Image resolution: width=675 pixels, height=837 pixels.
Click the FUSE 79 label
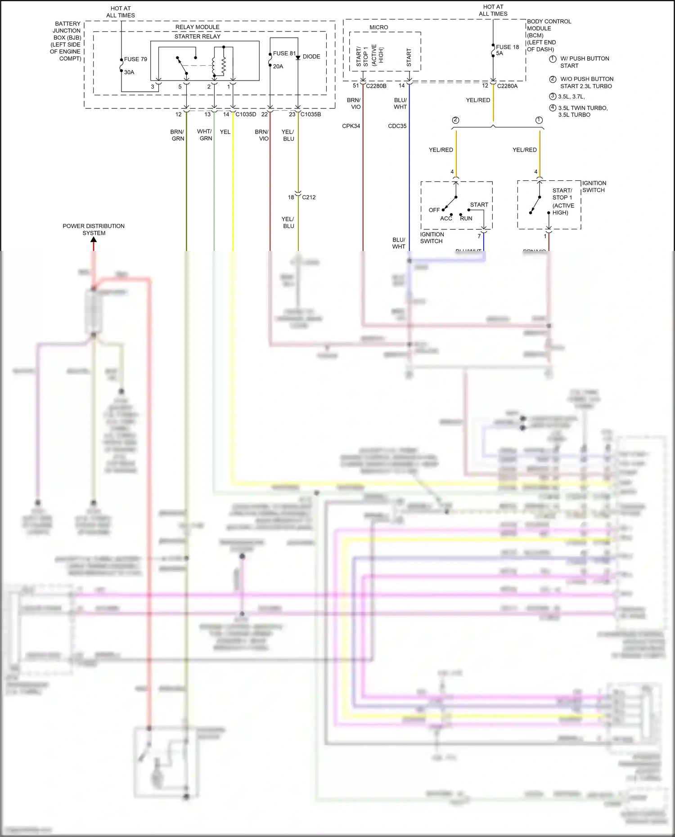pos(135,59)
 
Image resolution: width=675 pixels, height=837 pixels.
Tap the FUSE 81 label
pos(284,54)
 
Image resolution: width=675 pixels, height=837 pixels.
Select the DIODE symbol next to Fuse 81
pos(298,58)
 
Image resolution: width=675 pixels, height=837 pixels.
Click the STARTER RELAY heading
pos(198,36)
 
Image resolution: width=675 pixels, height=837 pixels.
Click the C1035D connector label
pos(246,115)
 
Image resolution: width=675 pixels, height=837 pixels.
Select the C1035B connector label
pos(310,115)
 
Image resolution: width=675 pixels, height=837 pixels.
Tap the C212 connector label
pos(309,197)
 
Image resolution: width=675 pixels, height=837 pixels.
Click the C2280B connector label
pos(376,86)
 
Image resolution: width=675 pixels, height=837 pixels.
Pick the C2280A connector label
pos(507,86)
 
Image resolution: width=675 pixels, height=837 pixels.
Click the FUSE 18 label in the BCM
pos(507,47)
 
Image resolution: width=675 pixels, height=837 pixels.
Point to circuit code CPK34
pos(351,126)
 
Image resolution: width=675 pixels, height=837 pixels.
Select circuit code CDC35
pos(397,126)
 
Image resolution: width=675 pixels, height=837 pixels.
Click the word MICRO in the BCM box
pos(378,27)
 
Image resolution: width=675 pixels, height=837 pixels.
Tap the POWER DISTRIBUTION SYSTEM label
pos(94,229)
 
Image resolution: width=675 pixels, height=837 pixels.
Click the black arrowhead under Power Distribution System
pos(94,240)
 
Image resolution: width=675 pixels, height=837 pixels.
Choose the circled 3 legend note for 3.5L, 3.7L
pos(553,96)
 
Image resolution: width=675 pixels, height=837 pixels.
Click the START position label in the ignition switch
pos(479,205)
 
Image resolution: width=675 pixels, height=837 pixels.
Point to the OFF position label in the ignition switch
pos(434,210)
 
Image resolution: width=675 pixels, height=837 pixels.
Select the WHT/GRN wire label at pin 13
pos(205,135)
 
